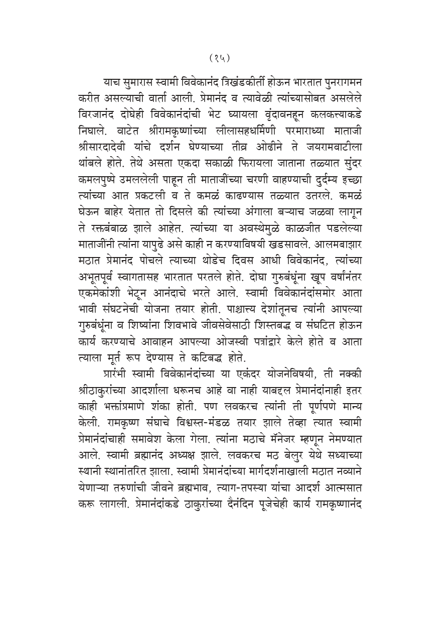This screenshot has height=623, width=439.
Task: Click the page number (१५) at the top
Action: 219,57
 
